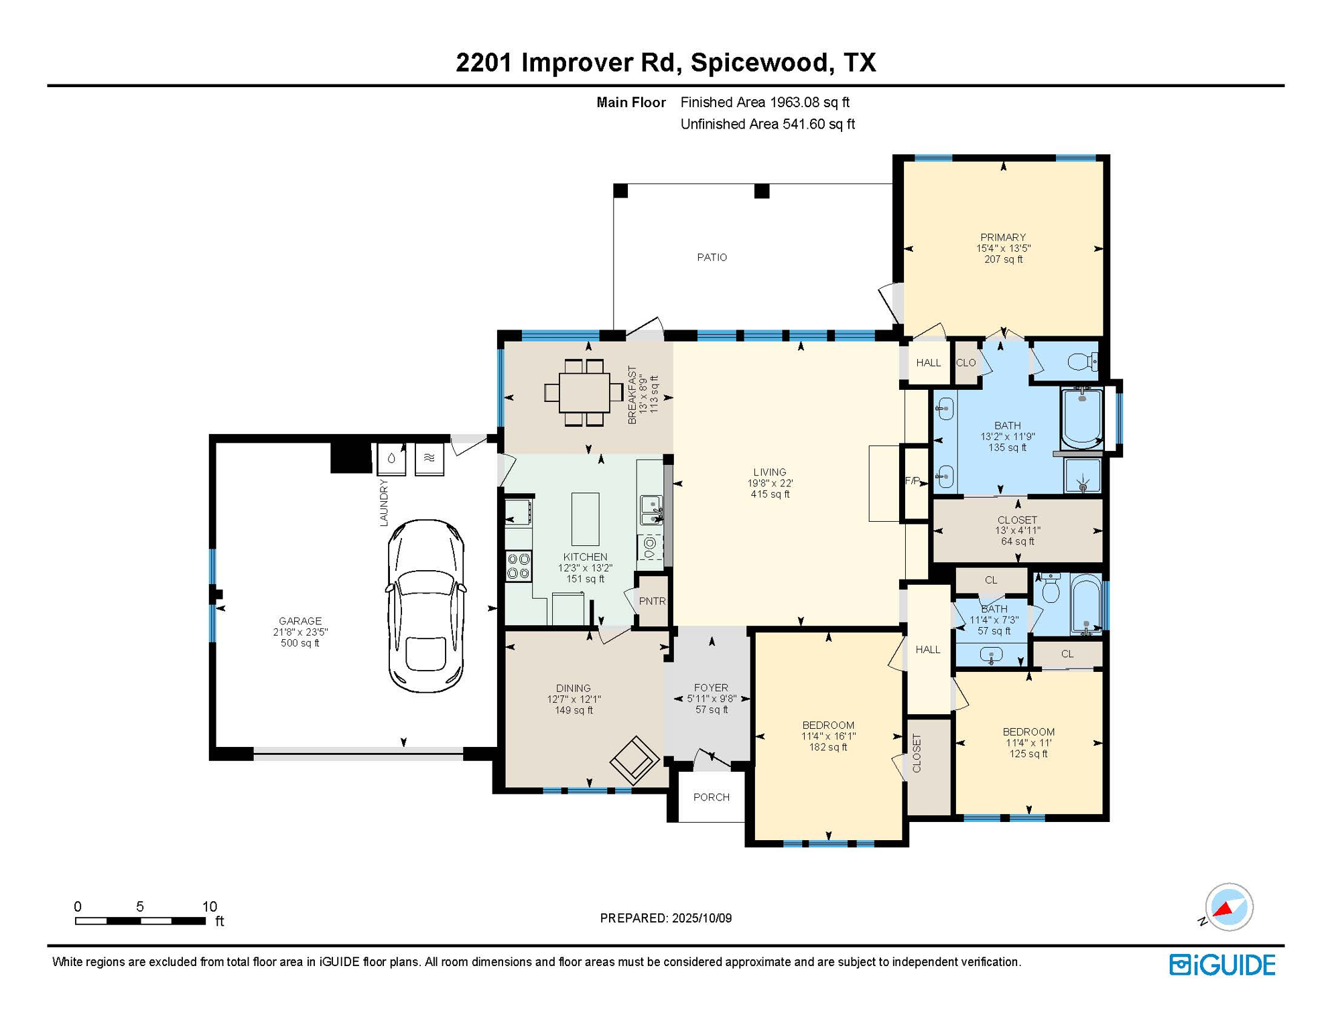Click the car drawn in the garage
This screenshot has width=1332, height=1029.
tap(425, 606)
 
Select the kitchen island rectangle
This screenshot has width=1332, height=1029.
tap(585, 519)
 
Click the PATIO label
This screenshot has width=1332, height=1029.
tap(712, 257)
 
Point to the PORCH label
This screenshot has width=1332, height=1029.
tap(712, 797)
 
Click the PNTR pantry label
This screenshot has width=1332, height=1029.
tap(652, 601)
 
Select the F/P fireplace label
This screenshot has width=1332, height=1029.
tap(913, 481)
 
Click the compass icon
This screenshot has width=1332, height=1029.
tap(1229, 907)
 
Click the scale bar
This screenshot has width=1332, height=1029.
tap(140, 921)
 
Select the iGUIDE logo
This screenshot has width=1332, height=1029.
tap(1223, 965)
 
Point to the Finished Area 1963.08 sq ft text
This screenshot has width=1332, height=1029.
tap(764, 102)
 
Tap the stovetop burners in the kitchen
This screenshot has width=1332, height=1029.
tap(519, 565)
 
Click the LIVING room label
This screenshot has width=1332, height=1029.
tap(770, 472)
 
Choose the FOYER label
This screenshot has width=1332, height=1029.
tap(711, 688)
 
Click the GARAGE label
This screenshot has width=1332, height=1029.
tap(300, 621)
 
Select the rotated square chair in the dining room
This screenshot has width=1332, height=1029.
tap(635, 760)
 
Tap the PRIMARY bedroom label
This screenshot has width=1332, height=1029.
tap(1003, 237)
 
